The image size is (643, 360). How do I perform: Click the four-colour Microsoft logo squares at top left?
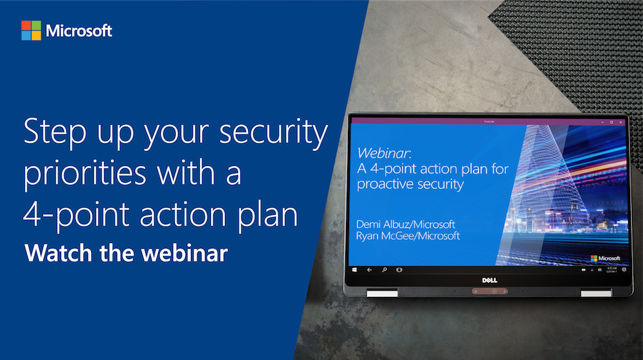pyautogui.click(x=31, y=30)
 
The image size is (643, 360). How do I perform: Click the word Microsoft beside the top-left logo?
pyautogui.click(x=78, y=31)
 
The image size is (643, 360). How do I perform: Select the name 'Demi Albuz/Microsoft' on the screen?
pyautogui.click(x=406, y=224)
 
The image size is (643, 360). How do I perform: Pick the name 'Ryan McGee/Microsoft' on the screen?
pyautogui.click(x=408, y=236)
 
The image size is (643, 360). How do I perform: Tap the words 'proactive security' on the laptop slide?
pyautogui.click(x=410, y=184)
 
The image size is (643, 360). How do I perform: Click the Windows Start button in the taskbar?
pyautogui.click(x=354, y=271)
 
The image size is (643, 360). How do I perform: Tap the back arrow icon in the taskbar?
pyautogui.click(x=369, y=271)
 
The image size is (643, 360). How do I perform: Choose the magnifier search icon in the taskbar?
pyautogui.click(x=384, y=271)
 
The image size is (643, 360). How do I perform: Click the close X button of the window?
pyautogui.click(x=620, y=122)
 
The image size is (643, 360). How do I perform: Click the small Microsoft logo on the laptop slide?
pyautogui.click(x=605, y=258)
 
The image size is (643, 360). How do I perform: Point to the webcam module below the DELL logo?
pyautogui.click(x=492, y=292)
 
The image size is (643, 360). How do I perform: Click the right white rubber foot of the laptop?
pyautogui.click(x=596, y=294)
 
